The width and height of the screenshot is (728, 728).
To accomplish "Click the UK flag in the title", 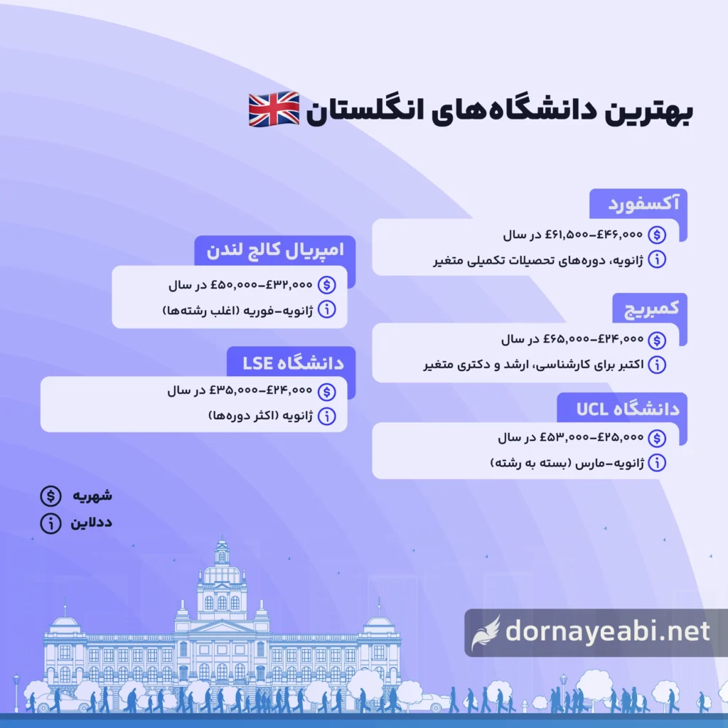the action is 274,109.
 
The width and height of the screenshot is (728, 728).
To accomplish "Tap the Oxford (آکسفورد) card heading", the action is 643,203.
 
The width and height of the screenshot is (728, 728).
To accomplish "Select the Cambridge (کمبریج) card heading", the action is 651,309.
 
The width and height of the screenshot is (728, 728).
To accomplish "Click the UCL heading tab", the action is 628,409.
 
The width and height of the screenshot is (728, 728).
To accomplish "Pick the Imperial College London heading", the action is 275,250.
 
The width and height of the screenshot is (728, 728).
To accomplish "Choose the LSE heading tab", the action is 293,363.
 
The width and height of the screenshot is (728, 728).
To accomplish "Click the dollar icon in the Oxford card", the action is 657,235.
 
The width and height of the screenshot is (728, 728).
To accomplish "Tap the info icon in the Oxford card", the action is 657,259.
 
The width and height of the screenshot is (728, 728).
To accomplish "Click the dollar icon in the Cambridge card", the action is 657,340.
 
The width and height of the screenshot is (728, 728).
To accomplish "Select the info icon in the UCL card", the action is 657,462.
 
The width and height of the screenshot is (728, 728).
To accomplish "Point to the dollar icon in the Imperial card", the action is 327,284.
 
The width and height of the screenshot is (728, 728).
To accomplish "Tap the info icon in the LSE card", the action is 327,416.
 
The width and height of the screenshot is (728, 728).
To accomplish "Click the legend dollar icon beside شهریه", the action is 50,496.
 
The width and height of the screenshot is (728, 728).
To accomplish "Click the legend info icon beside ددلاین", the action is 50,523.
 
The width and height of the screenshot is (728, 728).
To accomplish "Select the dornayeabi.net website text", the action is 608,631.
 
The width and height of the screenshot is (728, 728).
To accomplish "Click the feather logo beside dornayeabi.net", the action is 486,633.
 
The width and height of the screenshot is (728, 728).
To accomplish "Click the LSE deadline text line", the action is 261,415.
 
